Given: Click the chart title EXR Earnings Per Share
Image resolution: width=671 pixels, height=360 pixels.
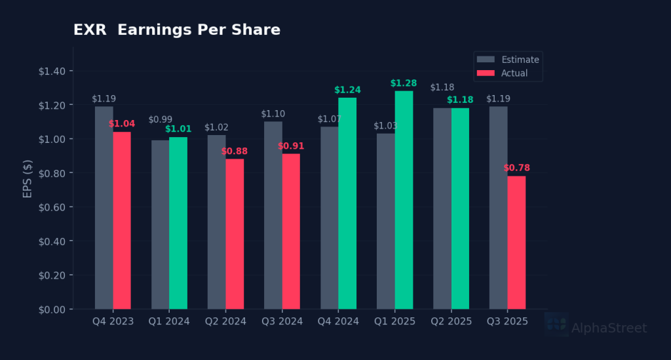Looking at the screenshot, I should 176,30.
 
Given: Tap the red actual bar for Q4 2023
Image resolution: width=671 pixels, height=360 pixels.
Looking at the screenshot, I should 122,220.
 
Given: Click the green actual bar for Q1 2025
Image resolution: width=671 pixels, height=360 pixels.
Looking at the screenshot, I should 404,200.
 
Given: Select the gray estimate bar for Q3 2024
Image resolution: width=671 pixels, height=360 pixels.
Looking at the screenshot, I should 273,215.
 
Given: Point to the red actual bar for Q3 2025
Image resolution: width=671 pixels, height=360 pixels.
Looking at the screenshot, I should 516,243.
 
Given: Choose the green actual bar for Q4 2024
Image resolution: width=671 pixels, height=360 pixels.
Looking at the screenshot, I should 347,203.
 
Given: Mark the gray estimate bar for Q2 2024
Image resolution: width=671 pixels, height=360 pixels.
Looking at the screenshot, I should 217,222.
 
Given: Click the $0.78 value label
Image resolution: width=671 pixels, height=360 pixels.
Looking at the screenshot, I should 516,169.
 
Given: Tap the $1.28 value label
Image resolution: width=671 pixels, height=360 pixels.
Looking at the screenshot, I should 404,83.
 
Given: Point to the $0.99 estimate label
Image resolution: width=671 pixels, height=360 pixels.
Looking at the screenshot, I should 161,120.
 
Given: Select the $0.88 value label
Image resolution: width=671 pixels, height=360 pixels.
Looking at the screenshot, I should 235,151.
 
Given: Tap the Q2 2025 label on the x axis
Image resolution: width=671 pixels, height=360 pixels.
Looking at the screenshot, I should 451,321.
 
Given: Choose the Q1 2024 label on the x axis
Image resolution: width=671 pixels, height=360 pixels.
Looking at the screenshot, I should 170,321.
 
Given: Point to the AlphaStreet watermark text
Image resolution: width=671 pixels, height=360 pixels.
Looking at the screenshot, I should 609,329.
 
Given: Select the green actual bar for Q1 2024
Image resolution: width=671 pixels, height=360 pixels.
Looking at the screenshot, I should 178,223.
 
